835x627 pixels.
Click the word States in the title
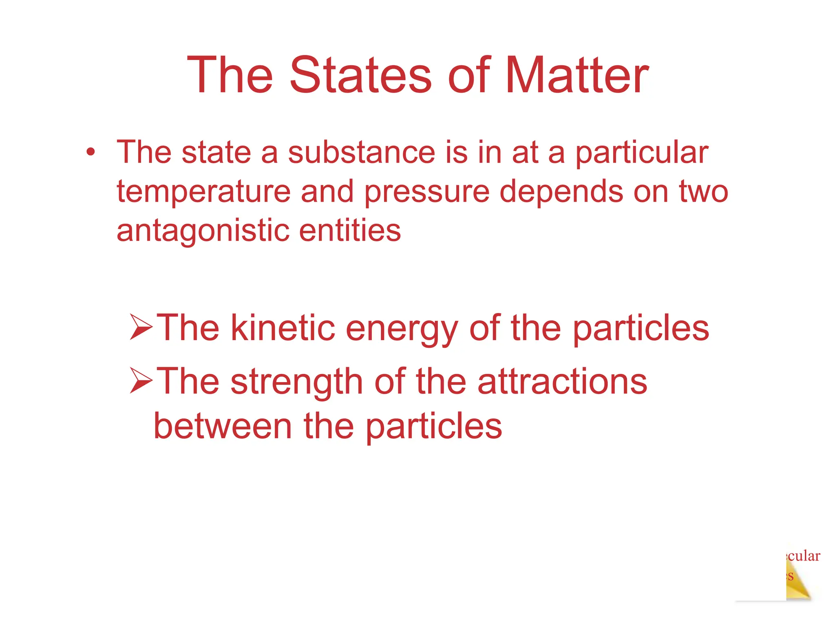[360, 76]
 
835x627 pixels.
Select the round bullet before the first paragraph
[91, 152]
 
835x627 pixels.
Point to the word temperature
[203, 192]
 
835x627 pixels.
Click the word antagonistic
[203, 231]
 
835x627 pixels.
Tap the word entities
[350, 230]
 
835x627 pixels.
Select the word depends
[561, 192]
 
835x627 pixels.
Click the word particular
[642, 153]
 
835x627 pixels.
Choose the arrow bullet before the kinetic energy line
[141, 327]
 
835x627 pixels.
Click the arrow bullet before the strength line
[141, 380]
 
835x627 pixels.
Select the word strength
[296, 382]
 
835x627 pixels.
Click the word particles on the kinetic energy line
[641, 329]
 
